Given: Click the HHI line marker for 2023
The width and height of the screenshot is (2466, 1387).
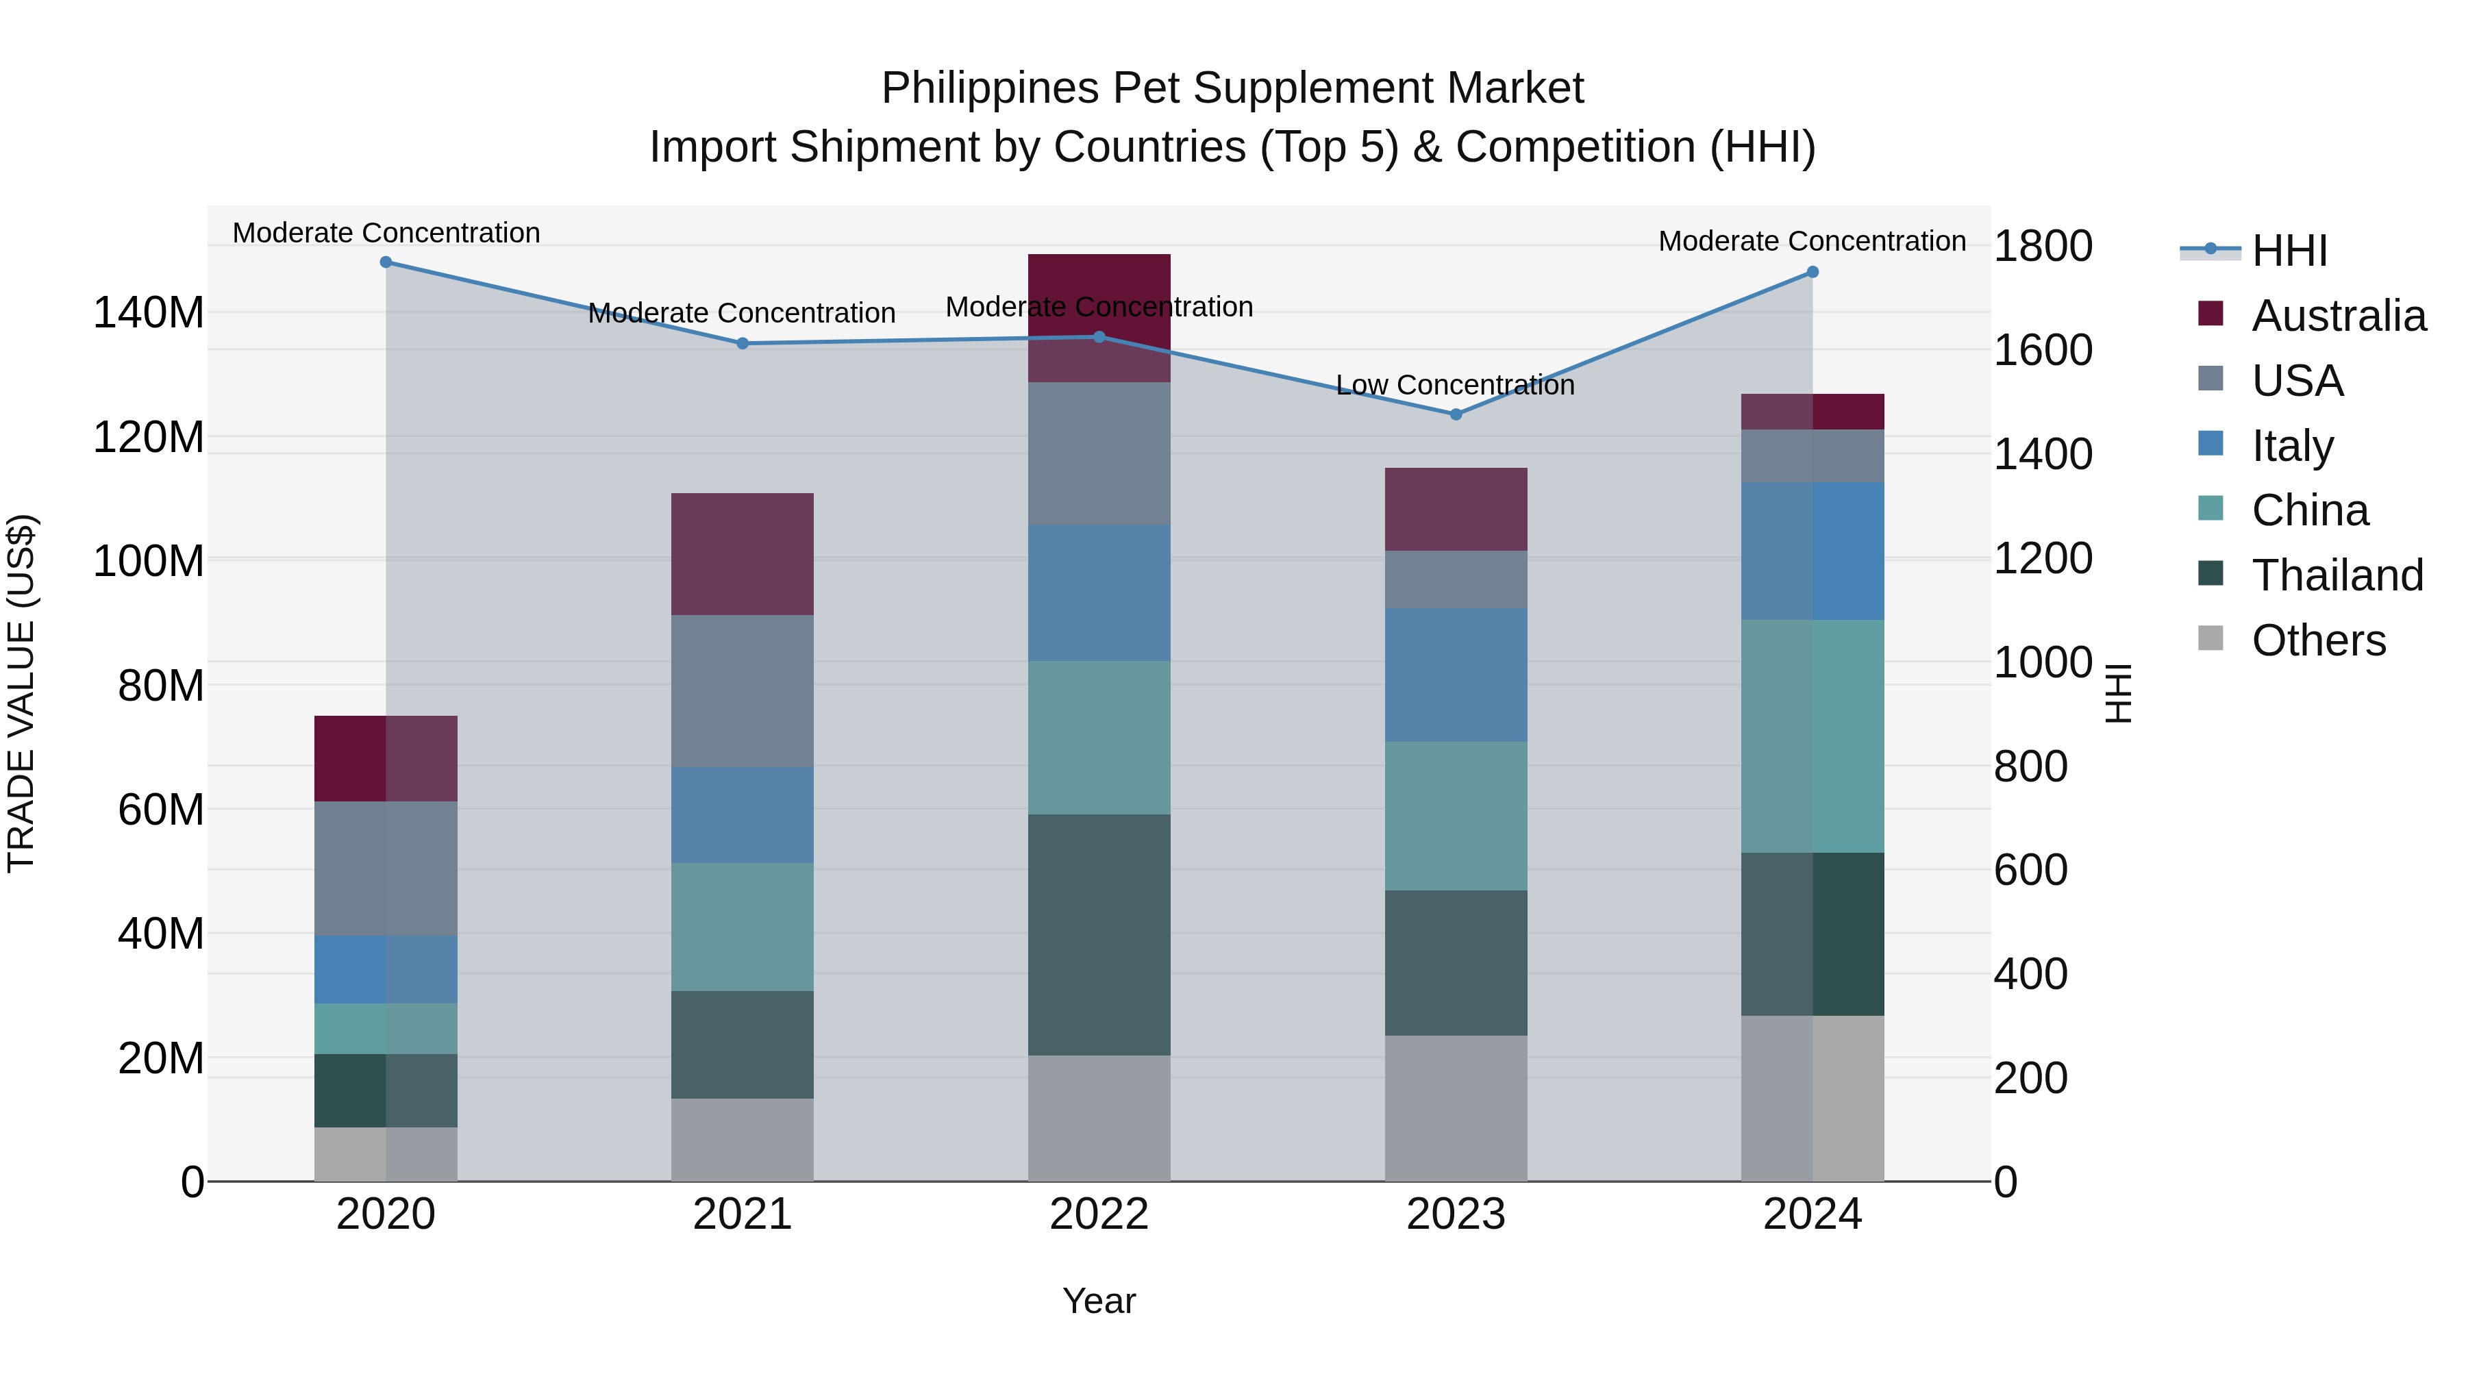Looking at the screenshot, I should click(x=1455, y=414).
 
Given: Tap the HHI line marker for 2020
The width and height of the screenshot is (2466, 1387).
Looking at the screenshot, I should click(x=386, y=262).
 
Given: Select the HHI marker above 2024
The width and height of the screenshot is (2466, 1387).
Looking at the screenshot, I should click(x=1812, y=272).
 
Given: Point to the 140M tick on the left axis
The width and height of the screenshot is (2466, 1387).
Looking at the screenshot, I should click(x=149, y=313).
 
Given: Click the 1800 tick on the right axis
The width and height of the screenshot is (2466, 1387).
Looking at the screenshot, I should click(x=2042, y=246).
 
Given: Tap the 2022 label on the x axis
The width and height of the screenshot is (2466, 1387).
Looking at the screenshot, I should click(x=1099, y=1214).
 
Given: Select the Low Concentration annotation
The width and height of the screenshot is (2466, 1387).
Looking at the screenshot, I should click(x=1455, y=385).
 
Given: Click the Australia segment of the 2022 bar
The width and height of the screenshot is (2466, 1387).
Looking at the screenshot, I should click(x=1099, y=318).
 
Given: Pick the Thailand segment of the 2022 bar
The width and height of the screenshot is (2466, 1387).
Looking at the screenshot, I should click(x=1099, y=934).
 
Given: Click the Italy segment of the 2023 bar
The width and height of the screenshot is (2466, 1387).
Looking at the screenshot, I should click(x=1455, y=675).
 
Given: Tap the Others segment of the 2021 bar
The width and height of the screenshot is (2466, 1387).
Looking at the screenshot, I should click(x=742, y=1139).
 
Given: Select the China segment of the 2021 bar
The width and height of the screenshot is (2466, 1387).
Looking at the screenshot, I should click(x=742, y=927).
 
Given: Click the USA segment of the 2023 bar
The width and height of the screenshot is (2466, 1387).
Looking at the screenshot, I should click(x=1455, y=579).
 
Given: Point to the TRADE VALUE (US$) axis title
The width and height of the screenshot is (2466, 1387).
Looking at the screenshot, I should click(x=21, y=693).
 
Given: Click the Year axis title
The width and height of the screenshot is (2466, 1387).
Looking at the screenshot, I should click(x=1099, y=1301).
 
